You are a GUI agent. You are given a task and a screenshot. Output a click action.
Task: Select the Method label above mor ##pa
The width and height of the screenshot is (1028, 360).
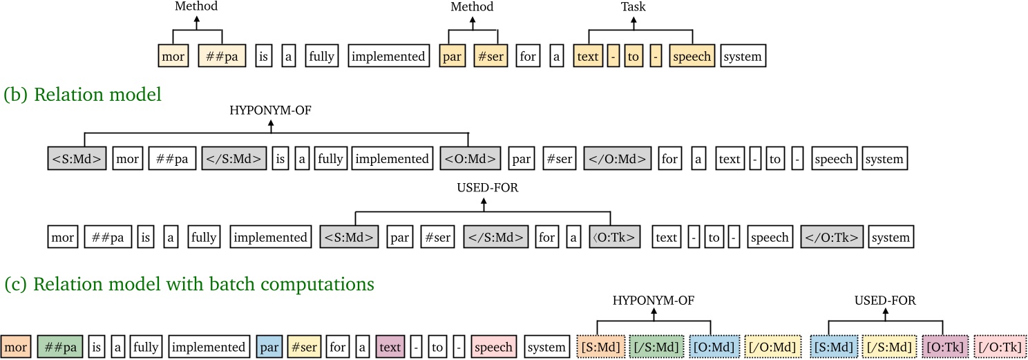pyautogui.click(x=197, y=7)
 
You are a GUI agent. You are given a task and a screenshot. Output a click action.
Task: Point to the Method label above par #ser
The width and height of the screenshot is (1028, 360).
pyautogui.click(x=472, y=7)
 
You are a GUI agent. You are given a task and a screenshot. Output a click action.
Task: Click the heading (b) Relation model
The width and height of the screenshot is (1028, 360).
pyautogui.click(x=82, y=95)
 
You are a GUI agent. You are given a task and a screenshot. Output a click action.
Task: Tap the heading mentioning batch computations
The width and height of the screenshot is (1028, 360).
pyautogui.click(x=189, y=284)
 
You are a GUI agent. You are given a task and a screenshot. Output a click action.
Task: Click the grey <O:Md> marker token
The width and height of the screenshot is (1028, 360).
pyautogui.click(x=470, y=159)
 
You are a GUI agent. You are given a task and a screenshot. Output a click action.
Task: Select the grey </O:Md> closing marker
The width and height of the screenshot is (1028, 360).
pyautogui.click(x=617, y=159)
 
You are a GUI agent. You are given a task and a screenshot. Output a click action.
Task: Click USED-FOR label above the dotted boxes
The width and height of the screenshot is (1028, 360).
pyautogui.click(x=886, y=300)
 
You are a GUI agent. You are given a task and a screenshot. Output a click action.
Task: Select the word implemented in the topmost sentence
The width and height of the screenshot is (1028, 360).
pyautogui.click(x=388, y=57)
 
